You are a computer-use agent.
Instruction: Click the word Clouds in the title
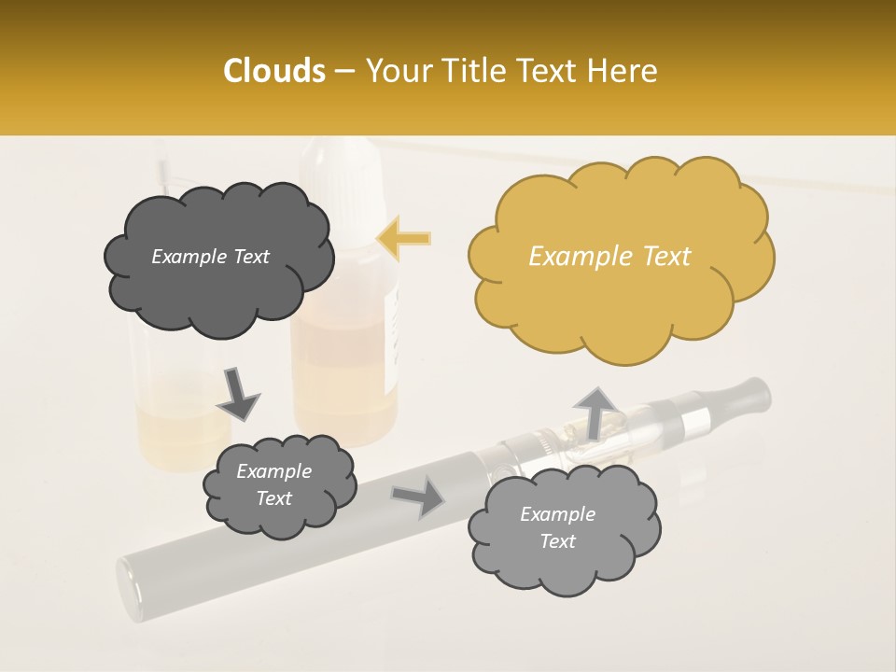click(x=273, y=71)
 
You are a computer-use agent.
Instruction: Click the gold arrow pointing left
click(x=404, y=239)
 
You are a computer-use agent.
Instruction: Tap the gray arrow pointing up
click(x=595, y=412)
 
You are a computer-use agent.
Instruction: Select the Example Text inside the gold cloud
click(x=609, y=257)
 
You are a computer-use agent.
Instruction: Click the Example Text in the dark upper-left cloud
click(x=210, y=257)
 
